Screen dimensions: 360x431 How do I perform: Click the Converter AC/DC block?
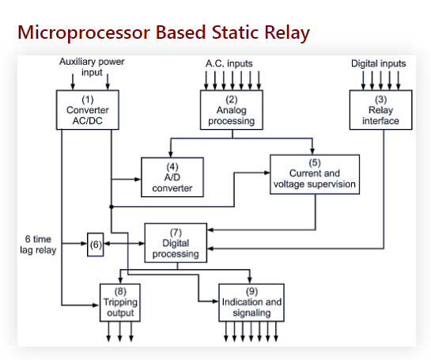[x=87, y=110]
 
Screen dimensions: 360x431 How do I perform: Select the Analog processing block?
[x=231, y=110]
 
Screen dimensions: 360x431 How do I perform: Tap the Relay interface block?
[x=380, y=110]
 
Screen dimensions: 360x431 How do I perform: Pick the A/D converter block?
[x=172, y=177]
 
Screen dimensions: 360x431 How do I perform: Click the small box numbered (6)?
[x=96, y=244]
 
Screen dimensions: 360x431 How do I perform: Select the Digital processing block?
[x=175, y=243]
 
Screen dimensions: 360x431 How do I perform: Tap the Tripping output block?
[x=120, y=302]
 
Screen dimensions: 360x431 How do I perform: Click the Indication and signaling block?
[x=251, y=302]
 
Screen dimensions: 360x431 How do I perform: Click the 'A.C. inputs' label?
[x=229, y=63]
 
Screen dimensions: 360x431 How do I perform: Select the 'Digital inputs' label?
[x=378, y=63]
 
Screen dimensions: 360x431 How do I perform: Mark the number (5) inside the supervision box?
[x=315, y=161]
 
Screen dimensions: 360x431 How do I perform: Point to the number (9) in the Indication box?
[x=251, y=290]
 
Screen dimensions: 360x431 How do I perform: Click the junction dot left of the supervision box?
[x=111, y=206]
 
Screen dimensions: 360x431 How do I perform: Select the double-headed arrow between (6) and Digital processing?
[x=124, y=244]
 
